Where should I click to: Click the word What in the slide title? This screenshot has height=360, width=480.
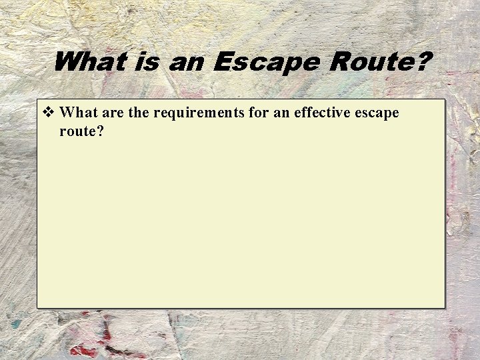point(89,63)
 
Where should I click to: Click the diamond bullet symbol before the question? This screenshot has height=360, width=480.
point(48,113)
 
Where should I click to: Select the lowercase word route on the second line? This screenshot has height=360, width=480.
point(77,131)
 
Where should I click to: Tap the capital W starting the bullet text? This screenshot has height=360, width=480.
point(67,113)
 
